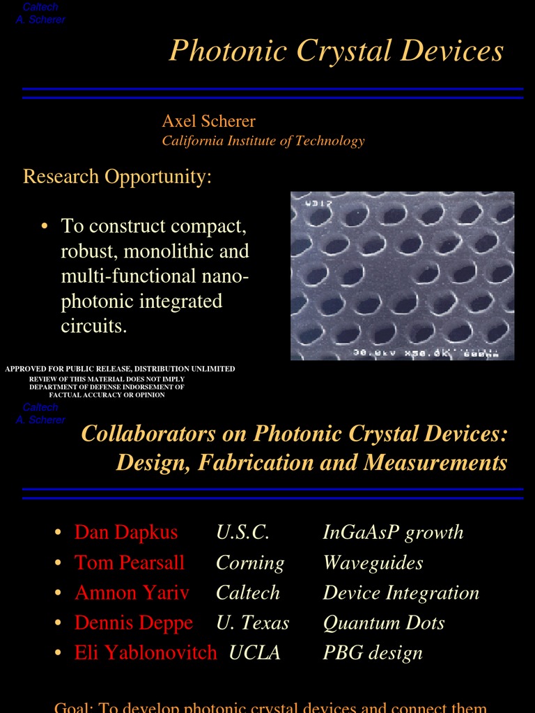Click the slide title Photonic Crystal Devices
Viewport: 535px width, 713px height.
pyautogui.click(x=336, y=51)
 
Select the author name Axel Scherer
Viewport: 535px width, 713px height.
pyautogui.click(x=208, y=121)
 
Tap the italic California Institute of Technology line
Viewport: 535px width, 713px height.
pyautogui.click(x=263, y=141)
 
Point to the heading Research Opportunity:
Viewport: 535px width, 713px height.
pyautogui.click(x=117, y=176)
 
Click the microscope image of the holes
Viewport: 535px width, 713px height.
pyautogui.click(x=402, y=276)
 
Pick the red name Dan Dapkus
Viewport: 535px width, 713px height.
pyautogui.click(x=126, y=533)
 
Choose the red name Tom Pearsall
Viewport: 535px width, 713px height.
pyautogui.click(x=130, y=563)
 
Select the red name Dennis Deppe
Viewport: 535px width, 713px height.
pyautogui.click(x=134, y=622)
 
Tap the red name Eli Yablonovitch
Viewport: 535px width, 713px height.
pyautogui.click(x=146, y=652)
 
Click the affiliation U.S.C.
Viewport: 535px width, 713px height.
pyautogui.click(x=242, y=533)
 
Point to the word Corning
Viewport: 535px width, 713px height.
pyautogui.click(x=250, y=563)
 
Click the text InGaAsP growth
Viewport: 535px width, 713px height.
pyautogui.click(x=393, y=533)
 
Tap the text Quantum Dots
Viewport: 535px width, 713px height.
pyautogui.click(x=383, y=622)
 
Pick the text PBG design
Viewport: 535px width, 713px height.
pyautogui.click(x=373, y=652)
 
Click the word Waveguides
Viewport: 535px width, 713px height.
pyautogui.click(x=373, y=563)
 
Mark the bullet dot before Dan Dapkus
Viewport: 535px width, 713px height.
pyautogui.click(x=59, y=533)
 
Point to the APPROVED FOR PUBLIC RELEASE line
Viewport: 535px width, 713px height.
pyautogui.click(x=120, y=368)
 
